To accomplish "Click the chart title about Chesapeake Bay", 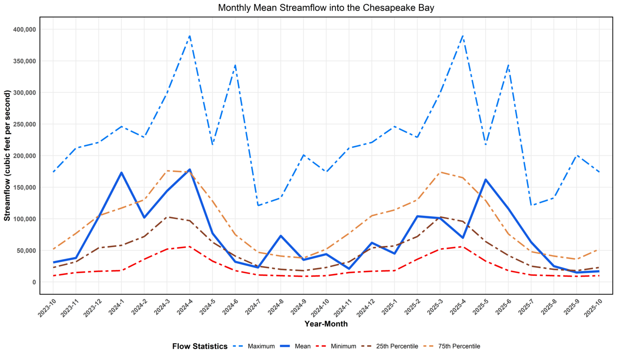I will coord(326,8).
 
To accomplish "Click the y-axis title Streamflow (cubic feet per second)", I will coord(7,156).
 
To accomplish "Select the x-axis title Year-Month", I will coord(326,324).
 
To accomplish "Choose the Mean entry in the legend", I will coord(302,346).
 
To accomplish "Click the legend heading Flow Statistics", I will coord(200,346).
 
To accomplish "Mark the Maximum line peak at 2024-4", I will coord(189,36).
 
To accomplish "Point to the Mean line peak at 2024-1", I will coord(121,173).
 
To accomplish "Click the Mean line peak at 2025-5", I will coord(485,180).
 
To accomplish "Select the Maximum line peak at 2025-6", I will coord(508,65).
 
